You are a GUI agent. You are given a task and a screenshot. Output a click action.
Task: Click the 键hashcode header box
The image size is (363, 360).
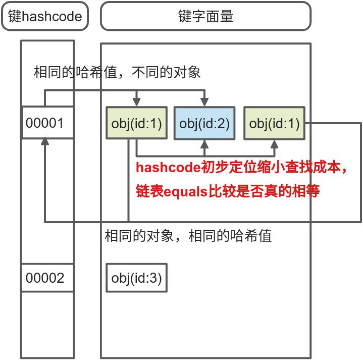click(x=45, y=16)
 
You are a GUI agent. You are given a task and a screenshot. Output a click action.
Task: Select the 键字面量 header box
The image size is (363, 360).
click(x=205, y=16)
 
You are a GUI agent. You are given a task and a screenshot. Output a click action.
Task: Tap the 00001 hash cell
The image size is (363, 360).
click(x=48, y=122)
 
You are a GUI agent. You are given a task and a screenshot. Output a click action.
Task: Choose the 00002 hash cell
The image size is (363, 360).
click(x=48, y=277)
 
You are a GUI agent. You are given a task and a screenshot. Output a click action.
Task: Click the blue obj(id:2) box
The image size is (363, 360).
click(x=204, y=123)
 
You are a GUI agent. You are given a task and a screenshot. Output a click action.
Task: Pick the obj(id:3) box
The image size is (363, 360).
click(x=136, y=277)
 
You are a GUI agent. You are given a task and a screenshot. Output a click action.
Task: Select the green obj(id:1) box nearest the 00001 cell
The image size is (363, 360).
click(x=136, y=123)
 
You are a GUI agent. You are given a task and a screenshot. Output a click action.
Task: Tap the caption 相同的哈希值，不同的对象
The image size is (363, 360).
click(x=117, y=73)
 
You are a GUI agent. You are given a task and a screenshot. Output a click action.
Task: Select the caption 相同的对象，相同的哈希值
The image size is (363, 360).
click(x=188, y=235)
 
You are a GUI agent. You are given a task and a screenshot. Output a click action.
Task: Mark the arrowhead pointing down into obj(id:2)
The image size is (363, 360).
click(x=204, y=101)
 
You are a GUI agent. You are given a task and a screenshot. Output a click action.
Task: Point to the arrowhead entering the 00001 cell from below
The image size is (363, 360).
click(x=45, y=143)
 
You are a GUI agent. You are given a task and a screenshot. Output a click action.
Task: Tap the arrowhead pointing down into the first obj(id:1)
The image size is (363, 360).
click(x=136, y=101)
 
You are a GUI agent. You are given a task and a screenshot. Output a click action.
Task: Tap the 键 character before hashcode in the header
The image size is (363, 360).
click(x=14, y=16)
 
